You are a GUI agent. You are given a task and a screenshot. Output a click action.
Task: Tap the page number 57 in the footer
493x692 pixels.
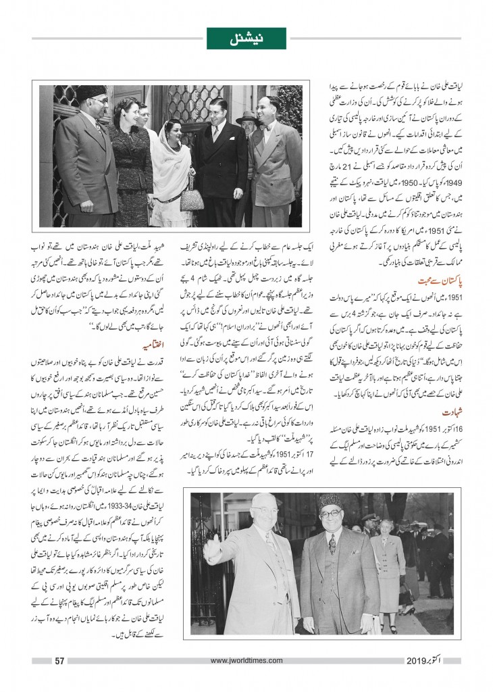pyautogui.click(x=59, y=660)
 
